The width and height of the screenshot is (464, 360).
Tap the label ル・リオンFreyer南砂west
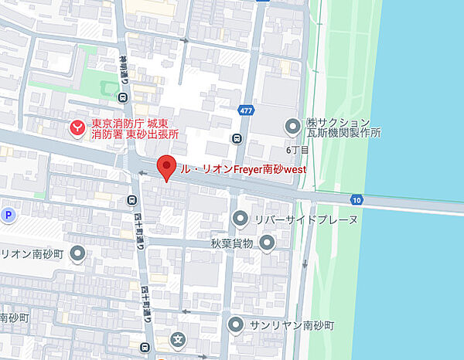click(243, 168)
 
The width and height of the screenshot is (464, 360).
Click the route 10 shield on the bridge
click(356, 199)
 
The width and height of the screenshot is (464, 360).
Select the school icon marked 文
click(179, 338)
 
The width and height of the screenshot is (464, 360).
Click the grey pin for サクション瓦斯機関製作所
click(293, 124)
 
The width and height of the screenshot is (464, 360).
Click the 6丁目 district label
click(298, 149)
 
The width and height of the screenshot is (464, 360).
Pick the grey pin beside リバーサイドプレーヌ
click(241, 219)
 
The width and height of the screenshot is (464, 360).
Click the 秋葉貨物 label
click(232, 244)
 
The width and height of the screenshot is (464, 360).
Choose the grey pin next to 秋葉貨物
click(268, 243)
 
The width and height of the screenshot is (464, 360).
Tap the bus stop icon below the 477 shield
click(236, 139)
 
